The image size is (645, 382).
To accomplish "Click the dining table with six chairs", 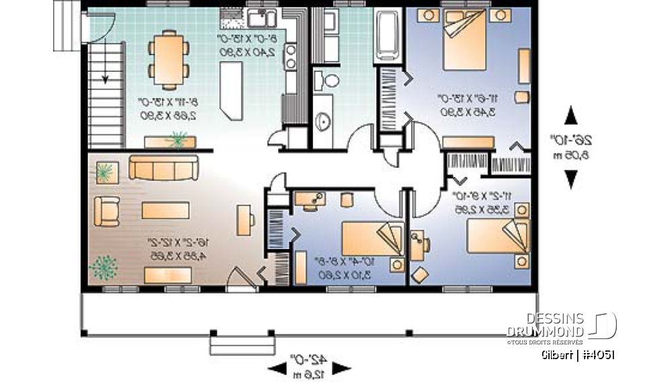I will pos(163,59).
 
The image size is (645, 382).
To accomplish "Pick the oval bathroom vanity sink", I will pos(323,120).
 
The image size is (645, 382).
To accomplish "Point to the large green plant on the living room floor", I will pos(103,267).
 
